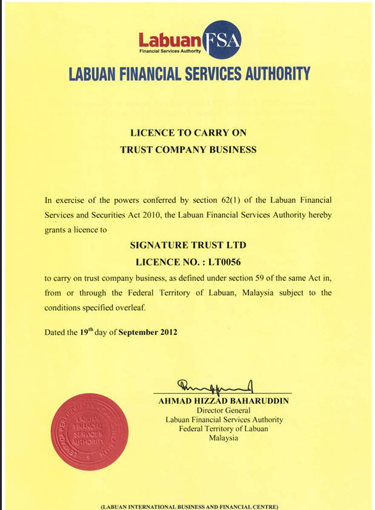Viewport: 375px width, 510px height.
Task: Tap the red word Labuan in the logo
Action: [170, 41]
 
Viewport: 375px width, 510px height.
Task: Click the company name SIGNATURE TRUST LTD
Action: [188, 245]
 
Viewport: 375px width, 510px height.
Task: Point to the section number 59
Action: [245, 277]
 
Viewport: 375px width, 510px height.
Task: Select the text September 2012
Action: [148, 332]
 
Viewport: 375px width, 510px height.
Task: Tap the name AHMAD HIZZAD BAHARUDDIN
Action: [224, 401]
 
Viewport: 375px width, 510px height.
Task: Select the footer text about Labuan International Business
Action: [188, 505]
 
